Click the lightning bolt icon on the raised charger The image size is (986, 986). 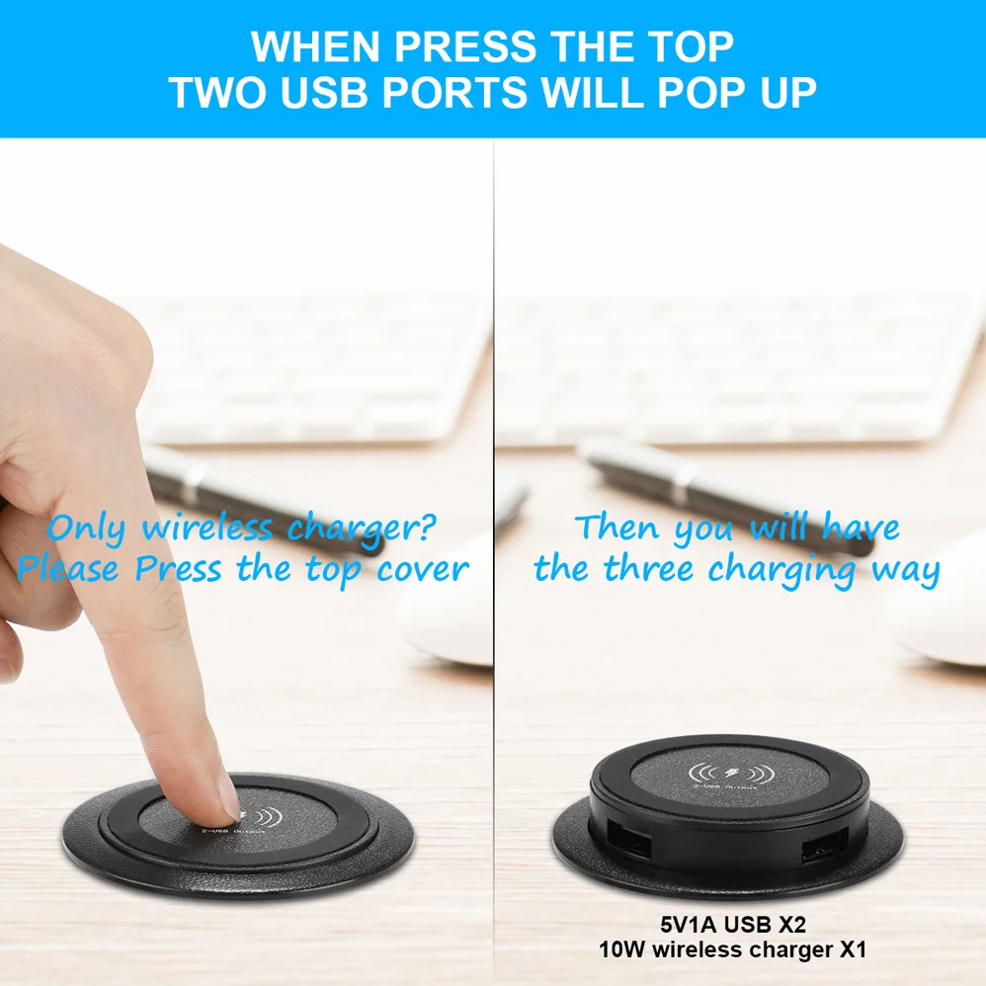click(732, 772)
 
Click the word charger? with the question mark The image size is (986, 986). click(361, 529)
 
